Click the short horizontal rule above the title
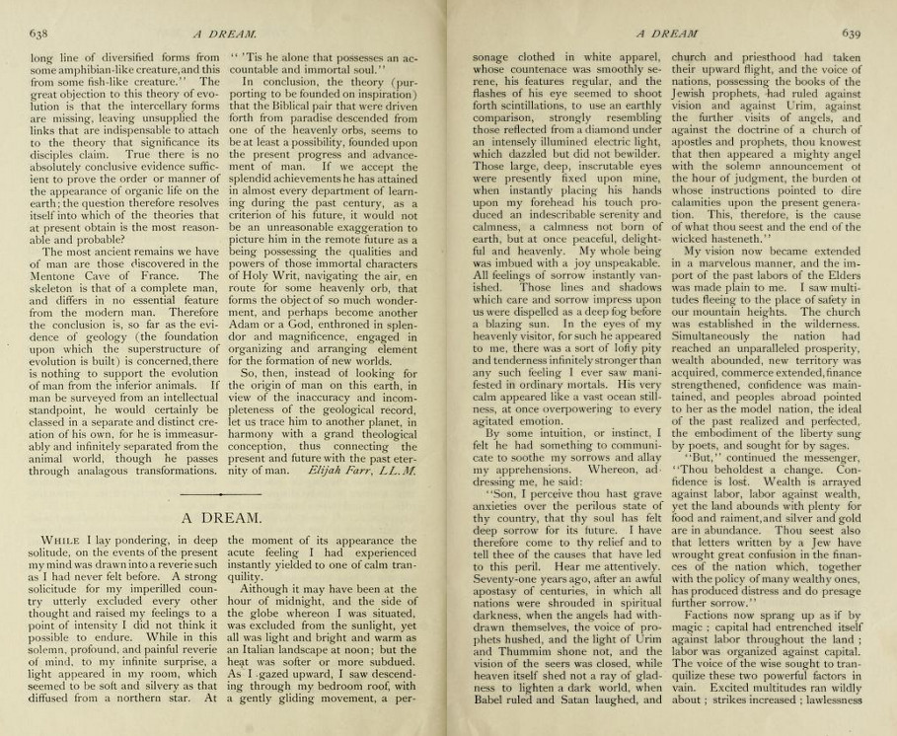[225, 489]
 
